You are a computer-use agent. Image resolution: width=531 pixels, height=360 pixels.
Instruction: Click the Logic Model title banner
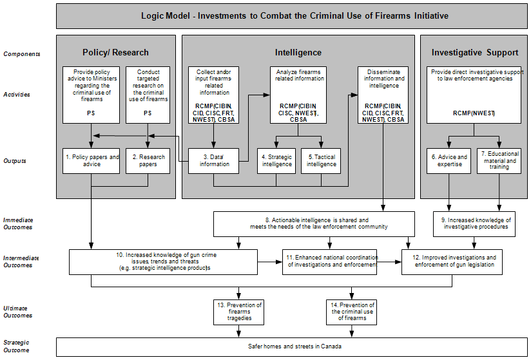coord(294,15)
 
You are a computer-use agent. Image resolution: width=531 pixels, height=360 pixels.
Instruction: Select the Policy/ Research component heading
coord(115,52)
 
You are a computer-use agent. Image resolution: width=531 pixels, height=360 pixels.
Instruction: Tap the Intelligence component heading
coord(298,52)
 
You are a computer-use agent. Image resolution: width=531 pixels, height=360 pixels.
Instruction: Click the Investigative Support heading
coord(474,52)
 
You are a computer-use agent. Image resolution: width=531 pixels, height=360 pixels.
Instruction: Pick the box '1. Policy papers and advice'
coord(91,161)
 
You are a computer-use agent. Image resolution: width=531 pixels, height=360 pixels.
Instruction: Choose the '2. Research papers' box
coord(148,161)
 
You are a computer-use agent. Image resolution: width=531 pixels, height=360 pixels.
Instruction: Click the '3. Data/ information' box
coord(214,161)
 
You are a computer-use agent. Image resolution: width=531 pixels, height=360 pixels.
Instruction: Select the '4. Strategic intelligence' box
coord(276,161)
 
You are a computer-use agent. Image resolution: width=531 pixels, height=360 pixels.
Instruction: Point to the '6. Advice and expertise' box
coord(449,161)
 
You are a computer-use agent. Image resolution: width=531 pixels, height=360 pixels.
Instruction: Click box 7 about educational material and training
coord(499,161)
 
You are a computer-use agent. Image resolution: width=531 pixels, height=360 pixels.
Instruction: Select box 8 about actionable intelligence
coord(314,223)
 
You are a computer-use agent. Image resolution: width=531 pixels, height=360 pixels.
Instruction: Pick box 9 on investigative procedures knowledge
coord(474,224)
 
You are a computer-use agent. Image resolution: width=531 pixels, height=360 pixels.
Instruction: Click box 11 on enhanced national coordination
coord(329,261)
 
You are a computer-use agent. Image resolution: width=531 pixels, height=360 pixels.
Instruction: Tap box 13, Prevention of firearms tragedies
coord(238,312)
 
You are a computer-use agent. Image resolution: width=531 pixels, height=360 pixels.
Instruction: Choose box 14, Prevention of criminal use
coord(351,312)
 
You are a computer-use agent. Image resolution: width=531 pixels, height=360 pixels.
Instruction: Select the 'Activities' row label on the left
coord(17,94)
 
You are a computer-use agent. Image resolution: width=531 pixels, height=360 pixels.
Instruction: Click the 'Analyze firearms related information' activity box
coord(298,95)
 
